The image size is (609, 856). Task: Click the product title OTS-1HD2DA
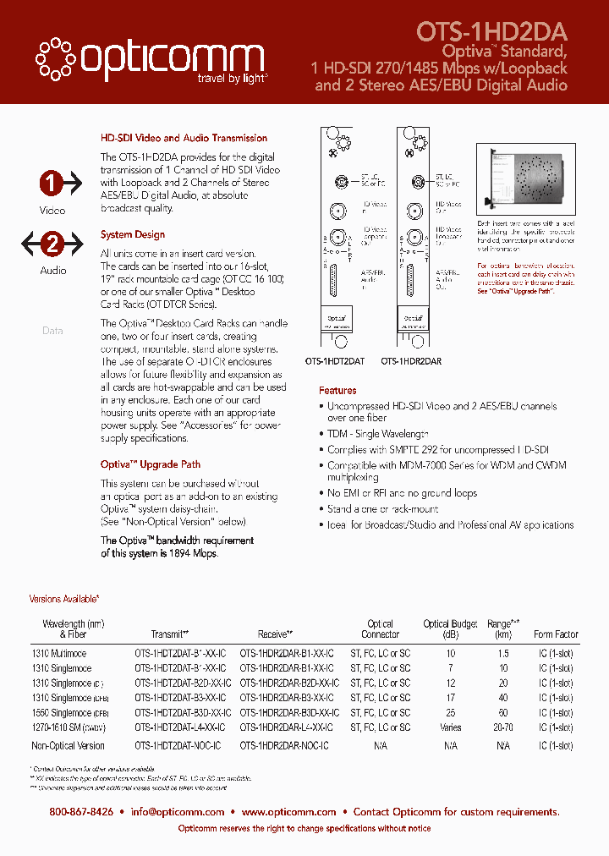[491, 32]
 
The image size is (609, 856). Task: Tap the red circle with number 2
[52, 244]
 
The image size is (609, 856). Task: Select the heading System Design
[133, 234]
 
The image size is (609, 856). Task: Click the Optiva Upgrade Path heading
[151, 464]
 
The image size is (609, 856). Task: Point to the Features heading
[337, 390]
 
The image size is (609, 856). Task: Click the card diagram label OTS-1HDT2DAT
[335, 361]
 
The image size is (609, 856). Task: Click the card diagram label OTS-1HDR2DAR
[411, 361]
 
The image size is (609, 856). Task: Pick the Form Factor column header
[556, 634]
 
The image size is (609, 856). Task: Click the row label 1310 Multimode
[59, 654]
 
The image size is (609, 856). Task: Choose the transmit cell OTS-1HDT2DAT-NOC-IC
[178, 745]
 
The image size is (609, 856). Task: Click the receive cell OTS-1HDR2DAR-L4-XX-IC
[287, 727]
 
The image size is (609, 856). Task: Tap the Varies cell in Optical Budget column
[451, 727]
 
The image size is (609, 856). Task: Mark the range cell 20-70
[503, 727]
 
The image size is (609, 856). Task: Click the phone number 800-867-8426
[81, 812]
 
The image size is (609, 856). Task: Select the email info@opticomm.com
[178, 812]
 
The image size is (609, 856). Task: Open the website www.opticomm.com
[288, 812]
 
